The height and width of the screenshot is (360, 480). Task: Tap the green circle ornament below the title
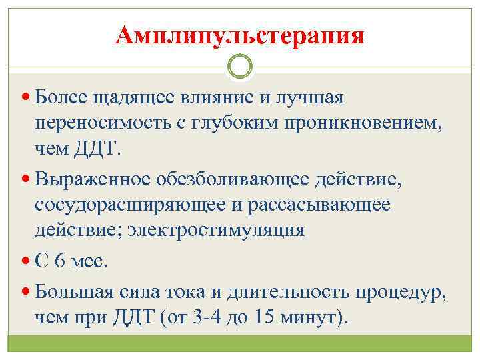point(240,67)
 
